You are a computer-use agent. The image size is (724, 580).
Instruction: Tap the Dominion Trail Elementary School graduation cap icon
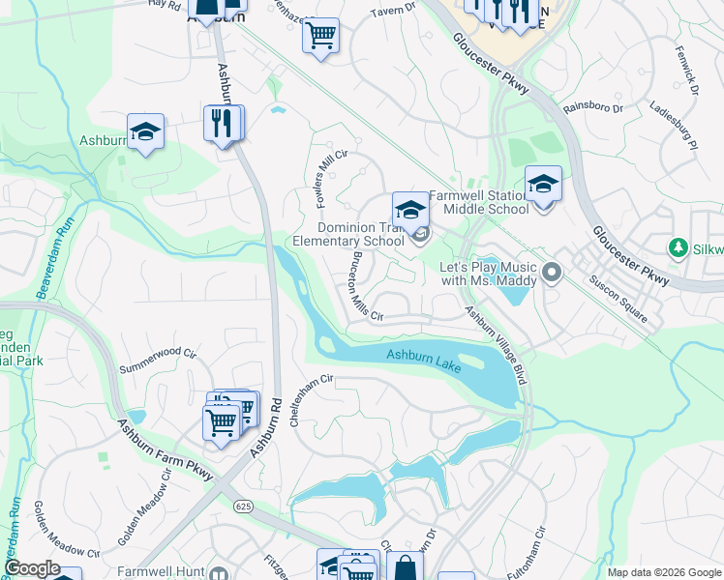(x=409, y=209)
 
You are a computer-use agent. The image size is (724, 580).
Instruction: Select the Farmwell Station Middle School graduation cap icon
(x=543, y=183)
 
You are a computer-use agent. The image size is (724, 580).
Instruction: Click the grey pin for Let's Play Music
(x=553, y=273)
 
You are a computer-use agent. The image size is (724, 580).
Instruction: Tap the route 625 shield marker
(x=243, y=505)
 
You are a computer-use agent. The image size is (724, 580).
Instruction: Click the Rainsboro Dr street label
(x=592, y=109)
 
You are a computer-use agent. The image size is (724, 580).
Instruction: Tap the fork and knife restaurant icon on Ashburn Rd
(x=224, y=123)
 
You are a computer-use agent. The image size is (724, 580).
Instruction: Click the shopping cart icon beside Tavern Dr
(x=320, y=36)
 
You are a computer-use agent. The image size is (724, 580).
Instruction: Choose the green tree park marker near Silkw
(x=679, y=249)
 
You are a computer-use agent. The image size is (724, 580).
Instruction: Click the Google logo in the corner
(x=32, y=568)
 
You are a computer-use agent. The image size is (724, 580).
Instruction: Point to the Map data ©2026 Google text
(x=663, y=571)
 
